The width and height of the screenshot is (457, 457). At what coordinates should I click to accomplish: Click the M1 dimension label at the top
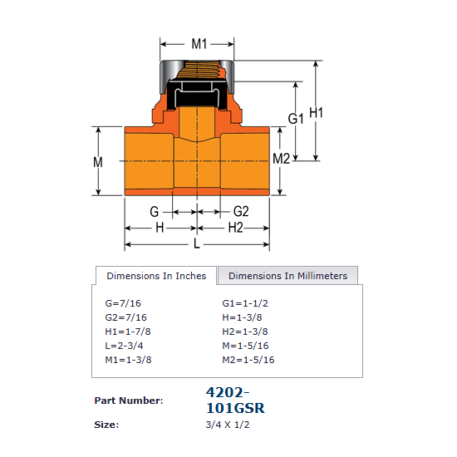pos(199,44)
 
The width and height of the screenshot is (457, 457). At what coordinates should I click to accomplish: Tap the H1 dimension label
pos(316,112)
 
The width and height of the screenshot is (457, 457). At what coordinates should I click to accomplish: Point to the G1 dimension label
pos(296,119)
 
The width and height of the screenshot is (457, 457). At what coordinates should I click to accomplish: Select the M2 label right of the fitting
pos(281,159)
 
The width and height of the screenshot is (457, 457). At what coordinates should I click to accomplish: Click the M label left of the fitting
pos(98,162)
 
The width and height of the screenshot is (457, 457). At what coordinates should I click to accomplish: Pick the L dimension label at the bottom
pos(197,243)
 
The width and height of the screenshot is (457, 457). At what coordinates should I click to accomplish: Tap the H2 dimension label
pos(235,228)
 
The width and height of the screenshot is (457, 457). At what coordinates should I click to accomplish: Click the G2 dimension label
pos(241,211)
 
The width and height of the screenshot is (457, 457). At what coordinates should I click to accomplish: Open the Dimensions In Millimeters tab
pos(287,275)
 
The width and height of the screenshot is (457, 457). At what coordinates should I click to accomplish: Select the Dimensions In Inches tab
pos(156,275)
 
